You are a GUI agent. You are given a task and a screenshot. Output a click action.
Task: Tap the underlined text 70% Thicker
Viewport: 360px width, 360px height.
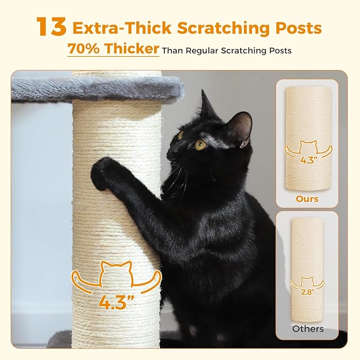pyautogui.click(x=113, y=49)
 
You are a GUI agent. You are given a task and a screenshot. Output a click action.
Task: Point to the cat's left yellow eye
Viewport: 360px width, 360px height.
pyautogui.click(x=201, y=144)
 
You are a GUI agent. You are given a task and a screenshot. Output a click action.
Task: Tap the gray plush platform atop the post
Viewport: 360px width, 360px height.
pyautogui.click(x=95, y=87)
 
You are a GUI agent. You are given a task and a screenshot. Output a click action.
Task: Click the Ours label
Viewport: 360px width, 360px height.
pyautogui.click(x=308, y=199)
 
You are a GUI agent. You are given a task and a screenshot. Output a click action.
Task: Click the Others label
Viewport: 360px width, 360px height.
pyautogui.click(x=308, y=329)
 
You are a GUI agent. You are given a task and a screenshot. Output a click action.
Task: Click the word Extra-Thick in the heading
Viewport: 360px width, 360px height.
pyautogui.click(x=123, y=28)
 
